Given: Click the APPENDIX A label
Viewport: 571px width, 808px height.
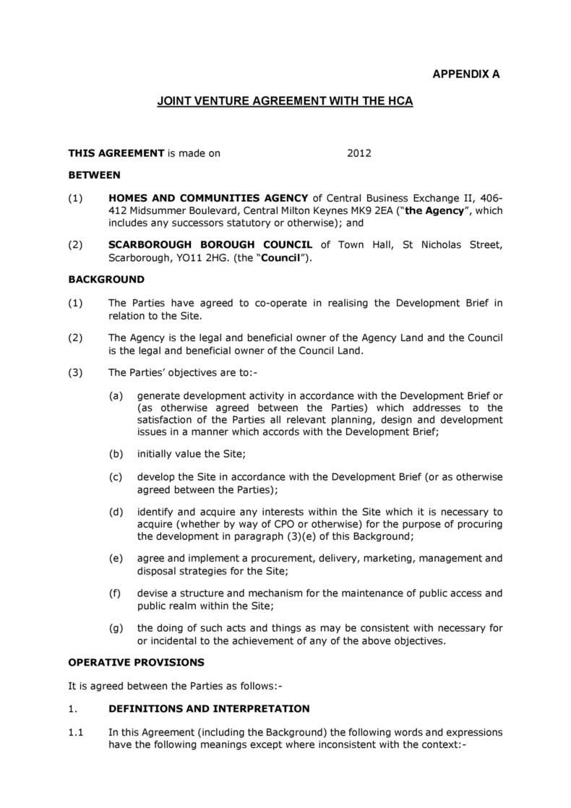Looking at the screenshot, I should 465,74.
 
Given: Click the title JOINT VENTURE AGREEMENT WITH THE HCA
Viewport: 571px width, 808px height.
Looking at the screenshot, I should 285,102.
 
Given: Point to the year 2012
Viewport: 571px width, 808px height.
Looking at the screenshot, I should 359,153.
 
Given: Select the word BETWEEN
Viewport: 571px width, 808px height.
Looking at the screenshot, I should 94,175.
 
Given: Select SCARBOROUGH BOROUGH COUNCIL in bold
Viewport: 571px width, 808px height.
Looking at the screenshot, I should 210,245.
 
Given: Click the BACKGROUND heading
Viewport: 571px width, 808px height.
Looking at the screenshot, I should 106,279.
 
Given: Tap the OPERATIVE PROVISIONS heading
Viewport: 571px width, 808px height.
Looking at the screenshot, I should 136,662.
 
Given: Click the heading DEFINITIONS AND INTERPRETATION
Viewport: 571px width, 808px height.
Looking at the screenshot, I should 209,708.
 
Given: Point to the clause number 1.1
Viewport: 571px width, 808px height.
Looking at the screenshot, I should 77,732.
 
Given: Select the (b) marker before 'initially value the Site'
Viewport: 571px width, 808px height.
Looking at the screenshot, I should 116,454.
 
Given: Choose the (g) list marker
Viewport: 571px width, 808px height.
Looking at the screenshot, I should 116,628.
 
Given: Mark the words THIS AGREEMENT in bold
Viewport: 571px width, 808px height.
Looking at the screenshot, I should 116,153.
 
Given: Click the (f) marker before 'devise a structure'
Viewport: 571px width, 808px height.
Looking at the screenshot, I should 115,593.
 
